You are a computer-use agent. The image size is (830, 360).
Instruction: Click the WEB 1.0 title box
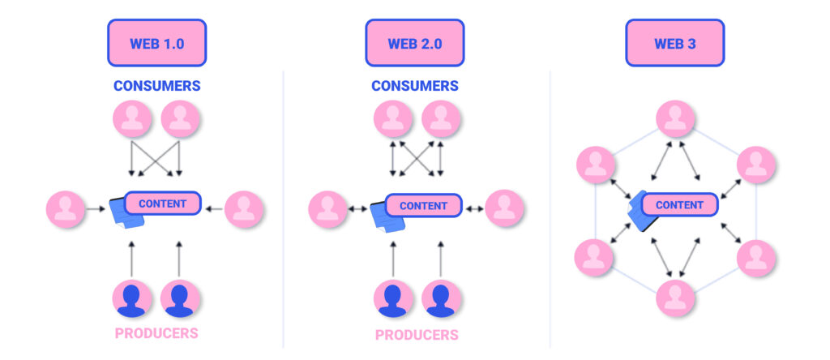(157, 43)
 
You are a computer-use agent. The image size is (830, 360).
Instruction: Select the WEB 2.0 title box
(415, 43)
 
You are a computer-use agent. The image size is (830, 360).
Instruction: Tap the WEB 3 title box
(674, 43)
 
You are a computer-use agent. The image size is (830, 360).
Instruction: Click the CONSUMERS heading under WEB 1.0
(157, 85)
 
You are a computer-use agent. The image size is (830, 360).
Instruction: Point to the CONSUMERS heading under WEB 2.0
(415, 85)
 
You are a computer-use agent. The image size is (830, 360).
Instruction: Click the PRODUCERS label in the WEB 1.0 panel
(156, 332)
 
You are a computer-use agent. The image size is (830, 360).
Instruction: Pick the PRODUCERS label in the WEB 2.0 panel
(417, 334)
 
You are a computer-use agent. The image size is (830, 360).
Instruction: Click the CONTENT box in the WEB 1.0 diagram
(162, 204)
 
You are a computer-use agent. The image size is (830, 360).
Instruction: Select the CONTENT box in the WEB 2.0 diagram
(423, 206)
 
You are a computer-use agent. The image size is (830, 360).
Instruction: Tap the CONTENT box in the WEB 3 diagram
(679, 205)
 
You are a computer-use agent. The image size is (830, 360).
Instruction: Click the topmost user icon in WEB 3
(674, 119)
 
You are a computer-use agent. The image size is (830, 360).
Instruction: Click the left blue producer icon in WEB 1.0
(131, 298)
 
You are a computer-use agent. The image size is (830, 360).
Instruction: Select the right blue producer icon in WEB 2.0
(442, 298)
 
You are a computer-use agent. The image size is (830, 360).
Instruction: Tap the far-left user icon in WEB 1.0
(66, 210)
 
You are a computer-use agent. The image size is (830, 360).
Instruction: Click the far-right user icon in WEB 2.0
(505, 208)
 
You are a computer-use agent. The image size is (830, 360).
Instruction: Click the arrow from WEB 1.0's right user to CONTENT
(213, 209)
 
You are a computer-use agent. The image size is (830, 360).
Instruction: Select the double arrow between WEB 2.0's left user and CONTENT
(357, 209)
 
